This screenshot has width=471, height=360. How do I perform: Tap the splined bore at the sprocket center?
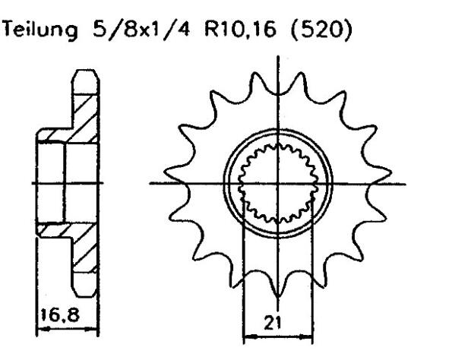277,184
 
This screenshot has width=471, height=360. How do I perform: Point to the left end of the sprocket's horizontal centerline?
150,183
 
